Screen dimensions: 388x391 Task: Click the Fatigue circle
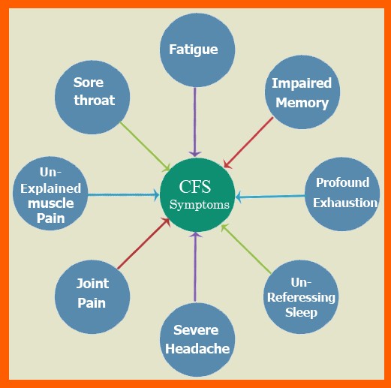194,50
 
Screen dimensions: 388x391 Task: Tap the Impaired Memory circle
300,92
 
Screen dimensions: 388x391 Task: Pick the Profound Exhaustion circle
341,193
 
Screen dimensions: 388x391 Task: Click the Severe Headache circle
194,339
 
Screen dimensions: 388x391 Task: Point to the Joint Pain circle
92,293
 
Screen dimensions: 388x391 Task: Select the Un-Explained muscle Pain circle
52,193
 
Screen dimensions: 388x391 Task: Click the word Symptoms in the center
199,205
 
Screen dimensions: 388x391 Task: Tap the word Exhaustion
345,203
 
